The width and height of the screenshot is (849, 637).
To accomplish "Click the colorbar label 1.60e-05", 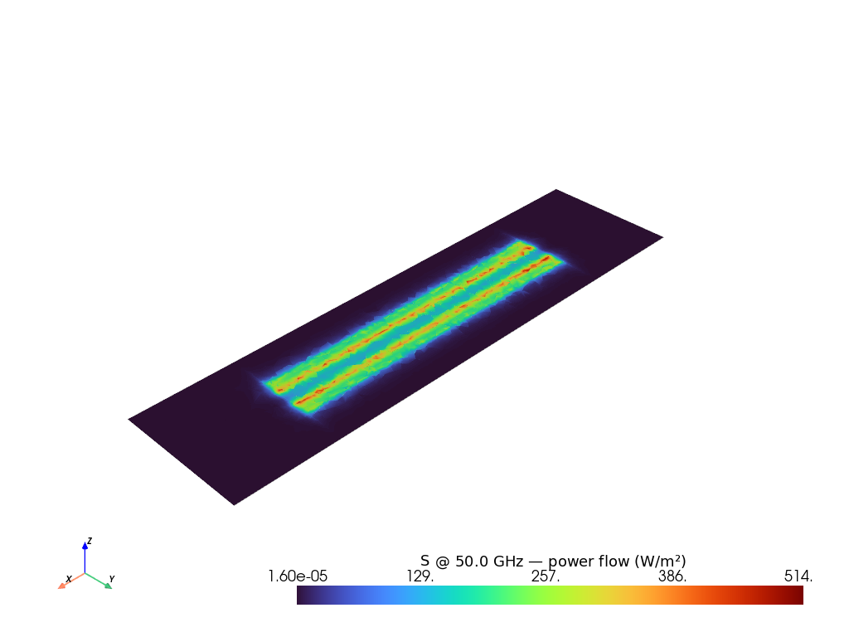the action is tap(298, 576).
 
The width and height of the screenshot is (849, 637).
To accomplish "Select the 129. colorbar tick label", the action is tap(420, 576).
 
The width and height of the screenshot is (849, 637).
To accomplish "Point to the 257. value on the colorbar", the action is tap(546, 576).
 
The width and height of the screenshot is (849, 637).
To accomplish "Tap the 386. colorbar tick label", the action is tap(672, 576).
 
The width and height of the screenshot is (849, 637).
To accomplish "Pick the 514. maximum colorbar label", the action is tap(798, 576).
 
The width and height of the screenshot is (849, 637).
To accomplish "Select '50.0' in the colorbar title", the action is tap(471, 562).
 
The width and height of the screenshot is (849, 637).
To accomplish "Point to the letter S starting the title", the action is tap(425, 562).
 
